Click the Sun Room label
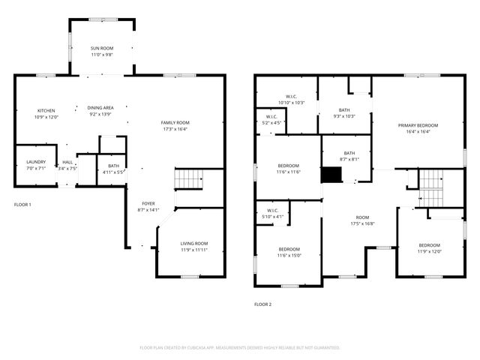coord(101,48)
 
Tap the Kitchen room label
coord(46,110)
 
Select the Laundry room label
coord(36,162)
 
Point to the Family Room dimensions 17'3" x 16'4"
coord(175,129)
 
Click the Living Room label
coord(193,244)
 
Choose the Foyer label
coord(148,203)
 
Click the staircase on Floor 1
coord(190,180)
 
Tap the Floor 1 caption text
coord(23,204)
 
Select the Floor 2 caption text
coord(262,304)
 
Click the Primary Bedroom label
coord(418,125)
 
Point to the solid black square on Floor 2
coord(331,175)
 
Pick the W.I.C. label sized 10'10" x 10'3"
coord(291,97)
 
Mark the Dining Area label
coord(100,108)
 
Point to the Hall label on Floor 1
coord(67,162)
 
